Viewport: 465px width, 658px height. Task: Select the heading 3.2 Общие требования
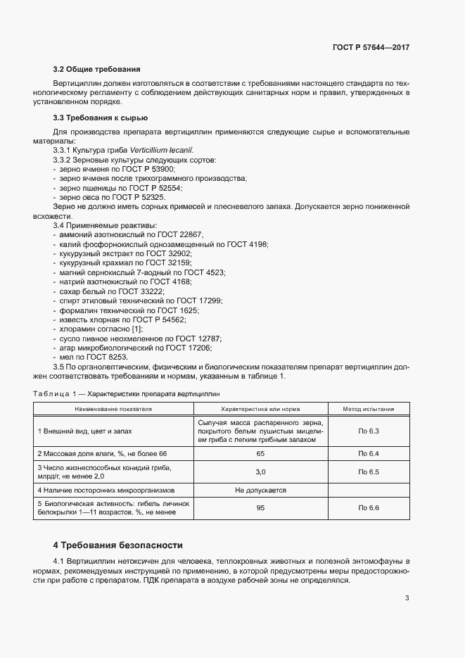(97, 69)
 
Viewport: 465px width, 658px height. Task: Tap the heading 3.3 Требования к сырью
(100, 118)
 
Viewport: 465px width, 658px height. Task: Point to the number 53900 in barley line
(161, 170)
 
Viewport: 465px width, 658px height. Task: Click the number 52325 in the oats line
(152, 198)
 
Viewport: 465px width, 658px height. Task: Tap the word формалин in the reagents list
(79, 310)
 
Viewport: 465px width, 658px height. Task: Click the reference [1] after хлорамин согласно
(137, 329)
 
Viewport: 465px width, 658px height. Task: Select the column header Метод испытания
(368, 409)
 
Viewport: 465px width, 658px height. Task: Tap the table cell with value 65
(260, 454)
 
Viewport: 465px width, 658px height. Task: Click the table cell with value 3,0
(260, 472)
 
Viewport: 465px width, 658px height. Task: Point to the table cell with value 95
(260, 507)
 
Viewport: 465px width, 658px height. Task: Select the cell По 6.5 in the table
(368, 472)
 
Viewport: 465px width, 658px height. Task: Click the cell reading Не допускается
(260, 489)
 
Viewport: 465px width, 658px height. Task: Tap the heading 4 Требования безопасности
(117, 545)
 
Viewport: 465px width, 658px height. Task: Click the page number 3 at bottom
(407, 598)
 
